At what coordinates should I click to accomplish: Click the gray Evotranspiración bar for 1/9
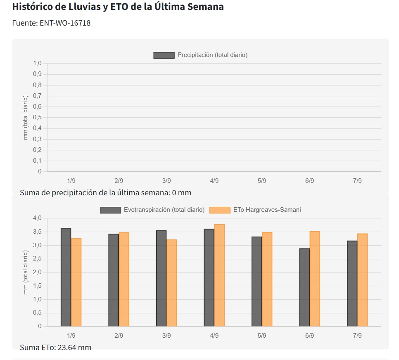click(66, 277)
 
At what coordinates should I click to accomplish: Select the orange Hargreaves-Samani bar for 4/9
click(219, 275)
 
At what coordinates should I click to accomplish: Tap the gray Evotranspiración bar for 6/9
click(304, 287)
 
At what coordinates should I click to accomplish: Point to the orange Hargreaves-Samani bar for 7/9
click(362, 280)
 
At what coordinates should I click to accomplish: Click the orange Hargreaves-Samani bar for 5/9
click(267, 279)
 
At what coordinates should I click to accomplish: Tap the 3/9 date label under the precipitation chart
click(166, 181)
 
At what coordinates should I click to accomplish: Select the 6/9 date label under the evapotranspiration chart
click(309, 336)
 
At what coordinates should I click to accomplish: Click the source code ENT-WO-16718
click(65, 23)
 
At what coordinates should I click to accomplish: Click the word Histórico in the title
click(36, 7)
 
